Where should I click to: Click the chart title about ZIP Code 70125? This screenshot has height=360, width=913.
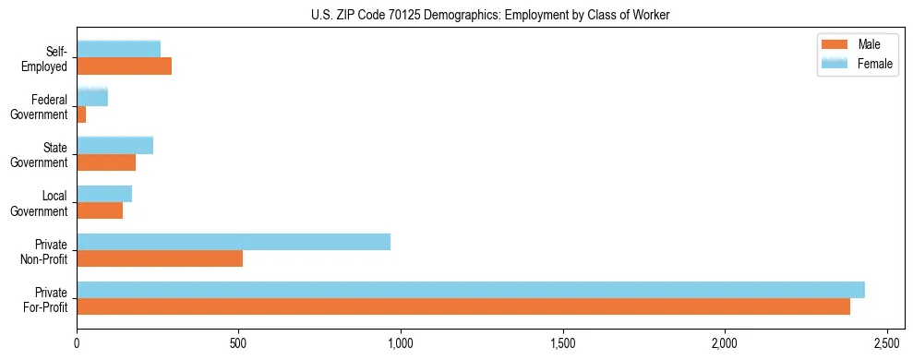[456, 15]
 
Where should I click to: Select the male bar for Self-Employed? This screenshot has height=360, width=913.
[125, 66]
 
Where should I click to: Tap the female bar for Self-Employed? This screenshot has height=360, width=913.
[119, 49]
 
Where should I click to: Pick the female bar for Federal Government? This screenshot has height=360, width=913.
[92, 97]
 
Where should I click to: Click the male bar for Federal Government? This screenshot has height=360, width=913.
[81, 114]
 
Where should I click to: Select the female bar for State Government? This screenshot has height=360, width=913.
[115, 145]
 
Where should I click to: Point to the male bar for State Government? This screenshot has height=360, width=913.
[106, 162]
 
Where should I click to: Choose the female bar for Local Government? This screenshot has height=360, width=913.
[104, 194]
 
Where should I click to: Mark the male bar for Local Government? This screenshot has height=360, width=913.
[100, 210]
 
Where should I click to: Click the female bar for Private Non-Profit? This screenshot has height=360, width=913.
[234, 242]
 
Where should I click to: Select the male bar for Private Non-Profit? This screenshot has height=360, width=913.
[160, 258]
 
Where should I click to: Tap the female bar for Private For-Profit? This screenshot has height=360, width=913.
[471, 290]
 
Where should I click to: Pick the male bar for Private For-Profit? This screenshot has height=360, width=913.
[463, 306]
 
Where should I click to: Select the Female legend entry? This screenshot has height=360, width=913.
[859, 63]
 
